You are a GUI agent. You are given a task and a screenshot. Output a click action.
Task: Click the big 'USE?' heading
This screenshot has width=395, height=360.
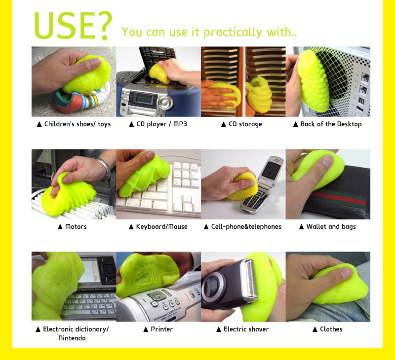(73, 26)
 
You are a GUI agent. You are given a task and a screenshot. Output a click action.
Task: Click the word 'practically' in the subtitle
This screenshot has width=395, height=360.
(233, 33)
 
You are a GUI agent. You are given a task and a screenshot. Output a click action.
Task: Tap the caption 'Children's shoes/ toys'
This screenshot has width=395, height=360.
(78, 124)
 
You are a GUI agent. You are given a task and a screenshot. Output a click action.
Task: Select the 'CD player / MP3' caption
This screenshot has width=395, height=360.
(161, 124)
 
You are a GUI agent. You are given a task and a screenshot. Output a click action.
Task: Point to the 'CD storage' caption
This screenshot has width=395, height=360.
(245, 124)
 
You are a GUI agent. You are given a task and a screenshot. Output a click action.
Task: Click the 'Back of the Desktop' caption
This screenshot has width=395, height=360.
(331, 124)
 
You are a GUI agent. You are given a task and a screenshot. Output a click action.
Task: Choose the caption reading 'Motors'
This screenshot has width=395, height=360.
(76, 227)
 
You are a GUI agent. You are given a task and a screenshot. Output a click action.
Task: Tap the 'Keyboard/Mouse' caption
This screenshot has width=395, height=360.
(162, 227)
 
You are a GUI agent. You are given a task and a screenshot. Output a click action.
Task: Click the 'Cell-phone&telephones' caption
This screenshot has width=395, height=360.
(246, 227)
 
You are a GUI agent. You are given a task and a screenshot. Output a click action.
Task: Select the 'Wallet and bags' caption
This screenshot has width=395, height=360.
(331, 227)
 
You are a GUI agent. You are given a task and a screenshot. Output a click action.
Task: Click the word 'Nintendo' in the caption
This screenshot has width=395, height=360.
(72, 338)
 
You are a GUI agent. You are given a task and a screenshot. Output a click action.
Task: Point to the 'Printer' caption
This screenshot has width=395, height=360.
(162, 329)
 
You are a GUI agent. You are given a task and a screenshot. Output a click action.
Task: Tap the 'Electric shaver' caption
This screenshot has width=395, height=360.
(246, 329)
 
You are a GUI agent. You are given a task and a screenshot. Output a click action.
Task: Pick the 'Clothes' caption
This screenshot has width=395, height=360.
(331, 329)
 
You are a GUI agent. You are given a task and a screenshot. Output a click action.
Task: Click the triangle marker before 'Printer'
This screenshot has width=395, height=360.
(146, 329)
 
